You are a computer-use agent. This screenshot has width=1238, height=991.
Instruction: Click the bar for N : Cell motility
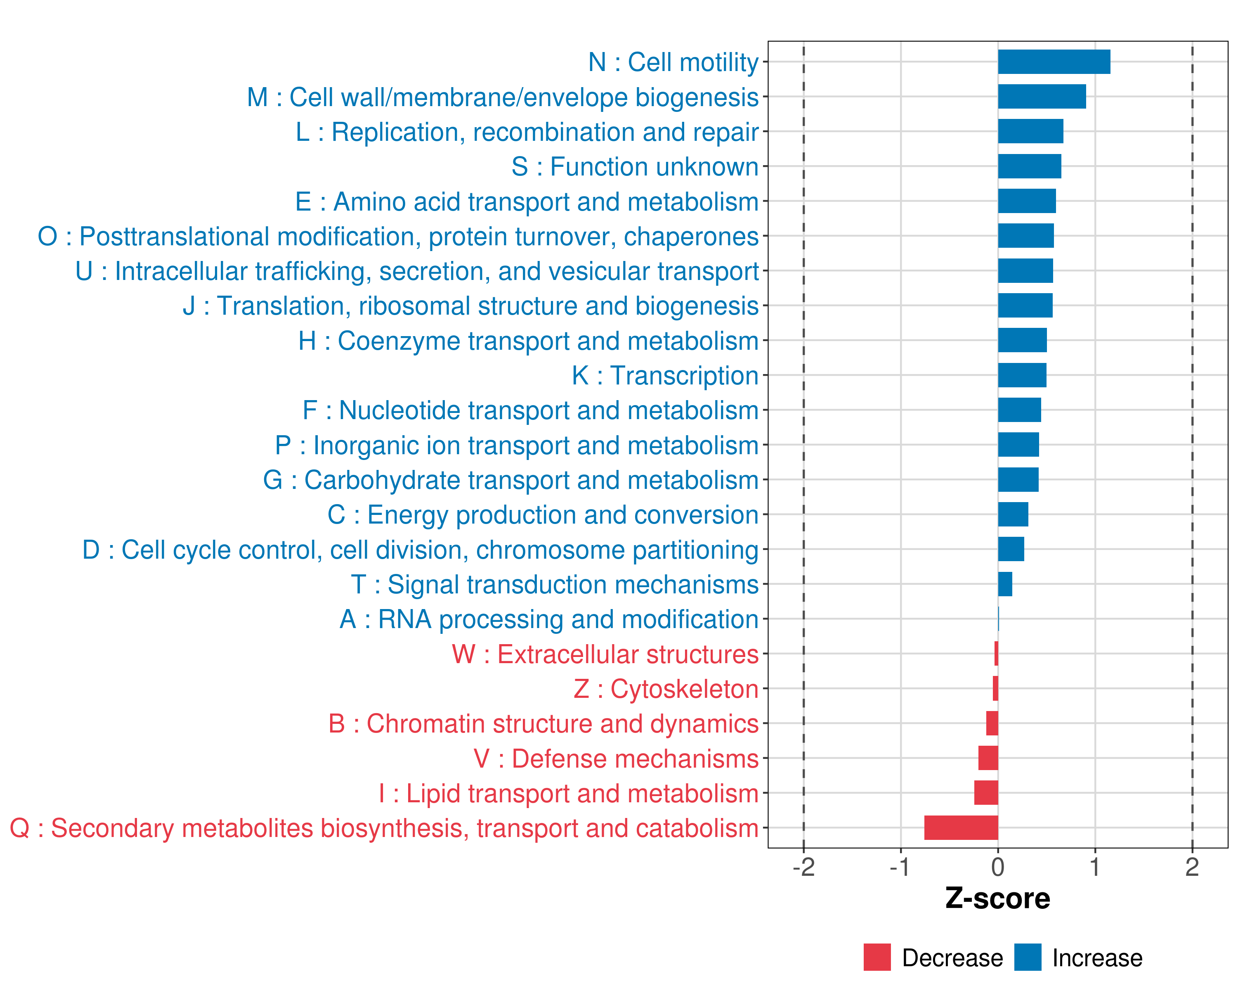point(1054,62)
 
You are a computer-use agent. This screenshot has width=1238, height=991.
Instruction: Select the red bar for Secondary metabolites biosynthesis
point(961,828)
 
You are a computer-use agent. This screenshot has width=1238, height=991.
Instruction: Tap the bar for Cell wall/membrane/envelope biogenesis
point(1042,97)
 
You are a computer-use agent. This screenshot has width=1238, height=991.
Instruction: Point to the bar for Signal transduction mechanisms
point(1005,584)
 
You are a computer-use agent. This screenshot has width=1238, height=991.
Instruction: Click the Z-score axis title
point(998,899)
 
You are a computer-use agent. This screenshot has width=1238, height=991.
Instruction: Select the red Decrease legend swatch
point(877,957)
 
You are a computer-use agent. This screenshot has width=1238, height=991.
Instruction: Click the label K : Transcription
point(665,376)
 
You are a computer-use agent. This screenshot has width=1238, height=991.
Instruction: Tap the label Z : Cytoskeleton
point(666,689)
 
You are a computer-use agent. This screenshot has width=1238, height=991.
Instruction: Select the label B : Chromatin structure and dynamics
point(543,724)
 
